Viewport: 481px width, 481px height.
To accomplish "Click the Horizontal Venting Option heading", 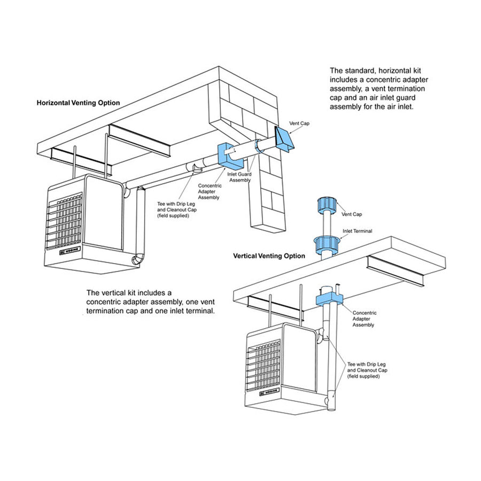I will (x=78, y=103).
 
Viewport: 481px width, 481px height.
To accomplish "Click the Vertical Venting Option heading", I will (x=269, y=256).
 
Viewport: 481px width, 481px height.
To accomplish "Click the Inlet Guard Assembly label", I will (x=239, y=177).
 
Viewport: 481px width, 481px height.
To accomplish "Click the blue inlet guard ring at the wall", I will (x=258, y=147).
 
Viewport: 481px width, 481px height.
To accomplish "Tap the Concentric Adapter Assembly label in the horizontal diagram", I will (x=209, y=191).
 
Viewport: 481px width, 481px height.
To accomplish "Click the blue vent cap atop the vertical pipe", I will (x=325, y=205).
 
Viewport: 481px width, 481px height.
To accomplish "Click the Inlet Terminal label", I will (x=356, y=231).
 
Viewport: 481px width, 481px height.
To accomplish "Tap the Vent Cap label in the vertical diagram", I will (x=352, y=214).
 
